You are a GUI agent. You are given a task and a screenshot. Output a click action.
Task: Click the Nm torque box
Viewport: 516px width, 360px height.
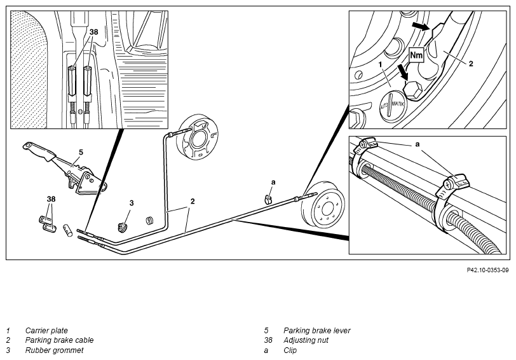pos(416,55)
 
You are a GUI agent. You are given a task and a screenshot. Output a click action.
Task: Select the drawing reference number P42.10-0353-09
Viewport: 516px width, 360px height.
pos(487,270)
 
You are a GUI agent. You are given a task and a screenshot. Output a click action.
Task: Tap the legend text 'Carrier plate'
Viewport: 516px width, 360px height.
pos(46,330)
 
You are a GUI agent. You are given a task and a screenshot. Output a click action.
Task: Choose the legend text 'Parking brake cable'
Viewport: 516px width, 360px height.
pos(59,340)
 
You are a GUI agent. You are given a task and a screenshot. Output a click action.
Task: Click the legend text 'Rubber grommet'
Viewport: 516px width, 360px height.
pos(54,350)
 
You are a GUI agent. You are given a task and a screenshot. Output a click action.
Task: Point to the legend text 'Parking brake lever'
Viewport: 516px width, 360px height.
pos(317,330)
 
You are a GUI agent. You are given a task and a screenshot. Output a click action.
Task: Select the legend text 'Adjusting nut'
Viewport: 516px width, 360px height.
pos(306,340)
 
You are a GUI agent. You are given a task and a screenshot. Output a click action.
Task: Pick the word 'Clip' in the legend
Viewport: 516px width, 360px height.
pos(290,350)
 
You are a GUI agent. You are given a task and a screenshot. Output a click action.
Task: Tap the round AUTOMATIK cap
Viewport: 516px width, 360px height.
pos(393,105)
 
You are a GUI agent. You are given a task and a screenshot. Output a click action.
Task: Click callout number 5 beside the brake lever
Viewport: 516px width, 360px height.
pos(81,152)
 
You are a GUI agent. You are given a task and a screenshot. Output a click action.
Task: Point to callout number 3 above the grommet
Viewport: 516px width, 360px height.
pos(132,203)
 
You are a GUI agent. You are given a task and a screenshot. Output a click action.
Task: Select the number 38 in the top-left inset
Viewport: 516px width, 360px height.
pos(94,32)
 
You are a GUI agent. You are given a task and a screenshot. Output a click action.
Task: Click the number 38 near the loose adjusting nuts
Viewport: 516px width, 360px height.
pos(51,199)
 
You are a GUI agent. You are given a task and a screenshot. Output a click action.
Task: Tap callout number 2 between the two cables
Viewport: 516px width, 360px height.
pos(193,201)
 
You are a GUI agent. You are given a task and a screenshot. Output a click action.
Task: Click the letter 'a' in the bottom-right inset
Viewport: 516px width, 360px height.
pos(418,144)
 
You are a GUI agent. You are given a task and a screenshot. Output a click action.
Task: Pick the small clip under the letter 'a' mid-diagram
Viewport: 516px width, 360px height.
pos(268,198)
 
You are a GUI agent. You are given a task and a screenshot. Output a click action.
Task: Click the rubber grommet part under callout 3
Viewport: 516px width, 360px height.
pos(123,227)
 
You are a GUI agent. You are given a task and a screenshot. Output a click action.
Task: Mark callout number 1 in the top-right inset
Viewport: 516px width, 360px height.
pos(381,64)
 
